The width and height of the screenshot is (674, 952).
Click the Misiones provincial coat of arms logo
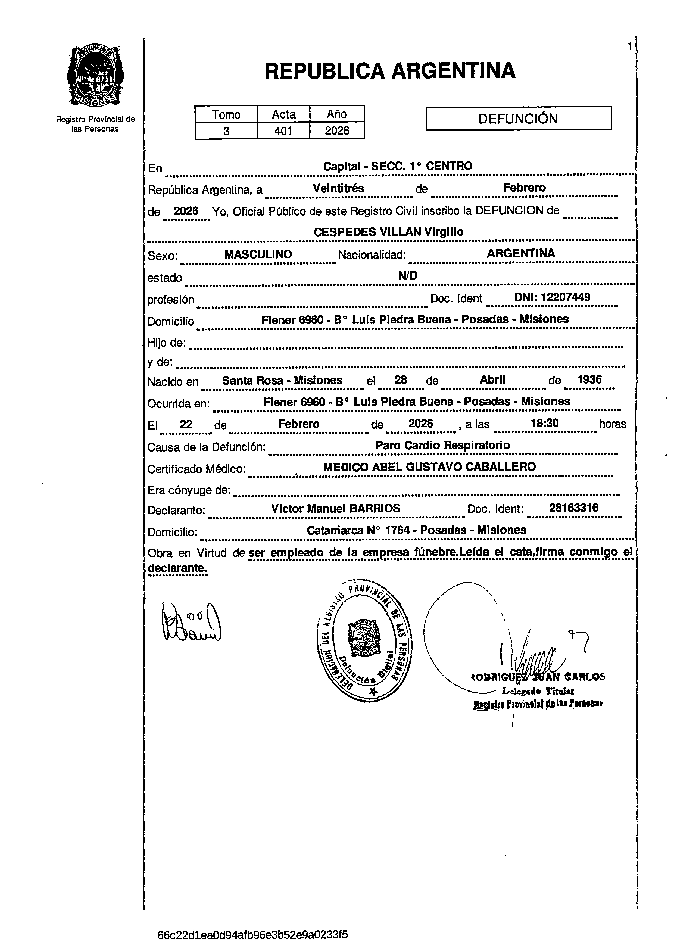[x=95, y=76]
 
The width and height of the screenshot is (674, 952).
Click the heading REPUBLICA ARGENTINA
[x=390, y=71]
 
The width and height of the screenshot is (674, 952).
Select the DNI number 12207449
[x=552, y=297]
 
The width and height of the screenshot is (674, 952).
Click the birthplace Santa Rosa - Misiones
[x=282, y=380]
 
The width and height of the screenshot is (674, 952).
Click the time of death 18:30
[x=545, y=424]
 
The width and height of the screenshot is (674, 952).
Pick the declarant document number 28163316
[x=573, y=508]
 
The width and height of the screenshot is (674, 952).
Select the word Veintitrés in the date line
[x=338, y=188]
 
